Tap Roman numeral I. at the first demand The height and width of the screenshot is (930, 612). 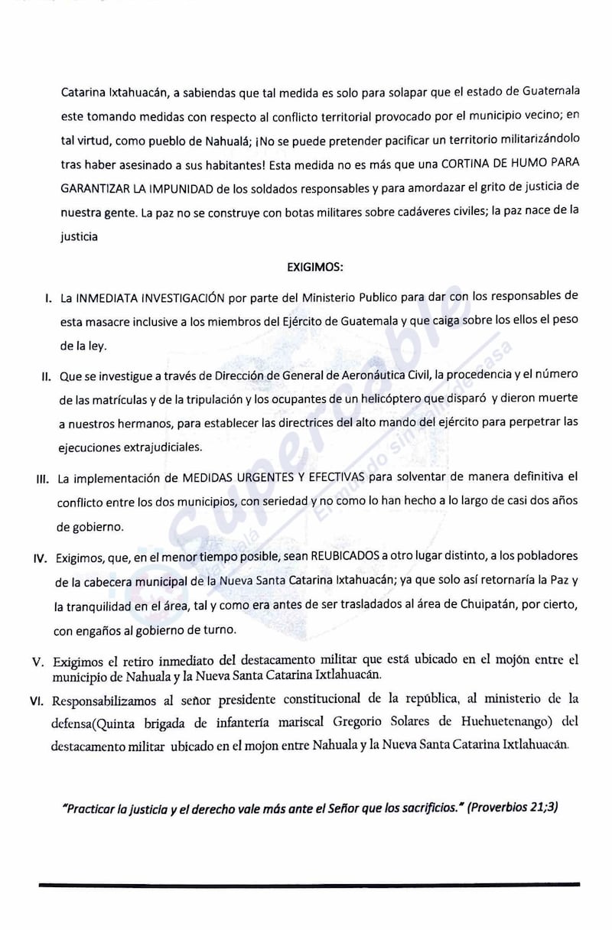(47, 297)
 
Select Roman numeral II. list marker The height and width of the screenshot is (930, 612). (45, 376)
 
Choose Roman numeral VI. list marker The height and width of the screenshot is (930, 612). (41, 699)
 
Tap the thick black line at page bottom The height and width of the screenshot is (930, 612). (309, 886)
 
